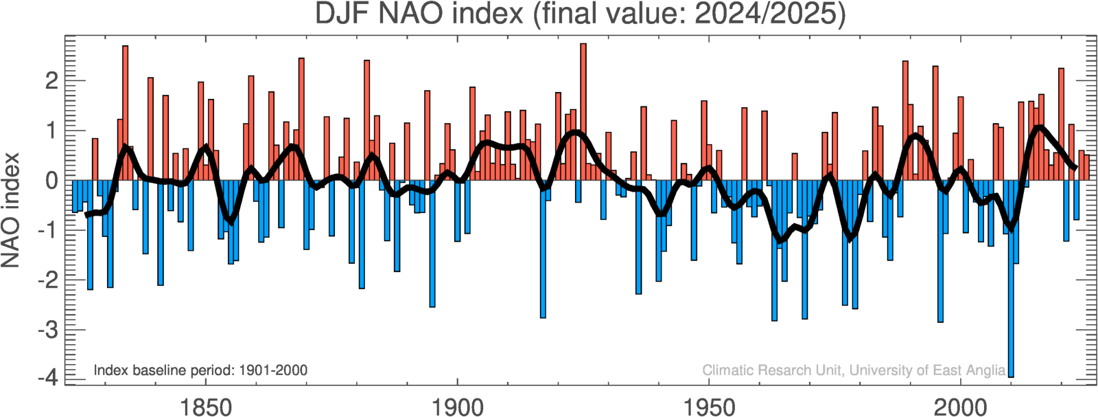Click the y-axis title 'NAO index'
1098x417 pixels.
pyautogui.click(x=10, y=210)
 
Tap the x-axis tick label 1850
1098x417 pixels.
pyautogui.click(x=205, y=407)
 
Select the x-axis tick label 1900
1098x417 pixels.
pyautogui.click(x=457, y=407)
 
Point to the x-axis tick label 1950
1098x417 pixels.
pyautogui.click(x=709, y=407)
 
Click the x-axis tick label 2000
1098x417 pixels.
pyautogui.click(x=961, y=407)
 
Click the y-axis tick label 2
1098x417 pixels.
pyautogui.click(x=51, y=81)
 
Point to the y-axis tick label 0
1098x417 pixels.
pyautogui.click(x=51, y=181)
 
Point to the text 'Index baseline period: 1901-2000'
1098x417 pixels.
pyautogui.click(x=200, y=370)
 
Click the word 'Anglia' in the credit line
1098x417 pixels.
pyautogui.click(x=985, y=371)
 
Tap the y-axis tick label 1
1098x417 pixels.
pyautogui.click(x=51, y=131)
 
